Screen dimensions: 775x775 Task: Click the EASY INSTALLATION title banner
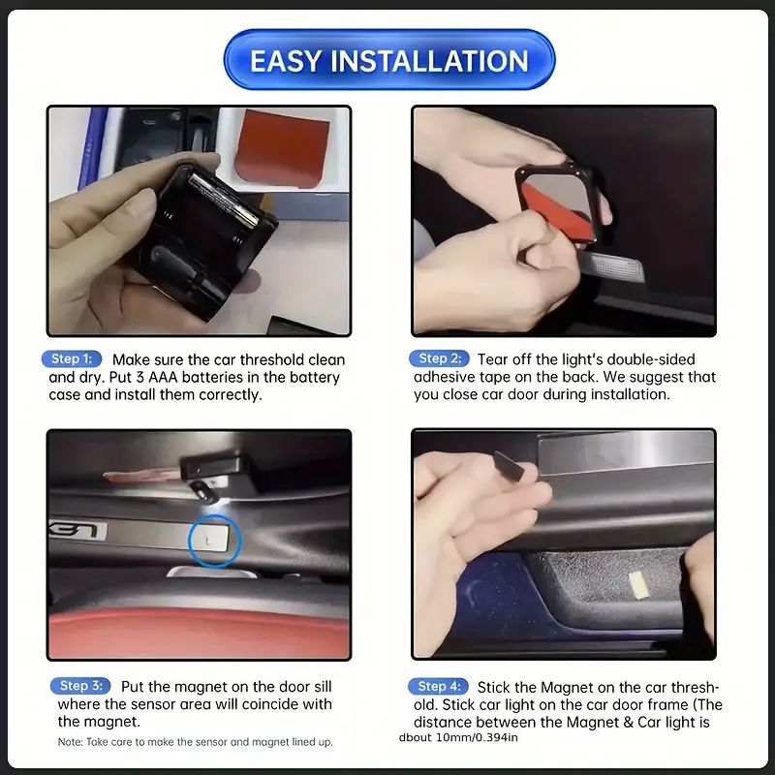[389, 60]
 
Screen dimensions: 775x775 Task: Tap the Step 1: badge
[72, 358]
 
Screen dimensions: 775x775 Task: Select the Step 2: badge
[440, 358]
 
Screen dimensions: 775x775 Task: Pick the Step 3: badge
[80, 686]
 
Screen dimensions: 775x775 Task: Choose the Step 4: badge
[439, 687]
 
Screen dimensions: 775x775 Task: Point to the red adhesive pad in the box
[282, 148]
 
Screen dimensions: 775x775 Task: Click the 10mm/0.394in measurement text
[477, 738]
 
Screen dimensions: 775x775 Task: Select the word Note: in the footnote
[70, 742]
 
